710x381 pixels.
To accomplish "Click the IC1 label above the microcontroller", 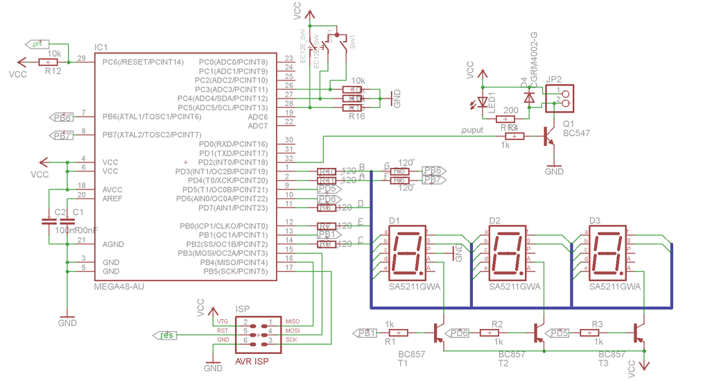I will coord(101,47).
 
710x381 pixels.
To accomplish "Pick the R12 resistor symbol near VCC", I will coord(53,62).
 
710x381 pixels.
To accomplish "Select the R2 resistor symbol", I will coord(496,333).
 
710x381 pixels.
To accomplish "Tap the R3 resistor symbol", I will coord(595,333).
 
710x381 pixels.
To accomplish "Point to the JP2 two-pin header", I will coord(561,99).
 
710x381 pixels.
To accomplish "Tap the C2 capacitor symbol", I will coord(49,222).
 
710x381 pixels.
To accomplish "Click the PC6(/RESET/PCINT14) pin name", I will coord(143,62).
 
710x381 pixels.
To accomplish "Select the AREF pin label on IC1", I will coord(112,198).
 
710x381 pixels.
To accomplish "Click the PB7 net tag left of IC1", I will coord(62,135).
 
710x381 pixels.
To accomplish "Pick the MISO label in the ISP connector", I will coord(292,321).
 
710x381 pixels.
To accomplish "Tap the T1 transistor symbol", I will coord(438,332).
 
